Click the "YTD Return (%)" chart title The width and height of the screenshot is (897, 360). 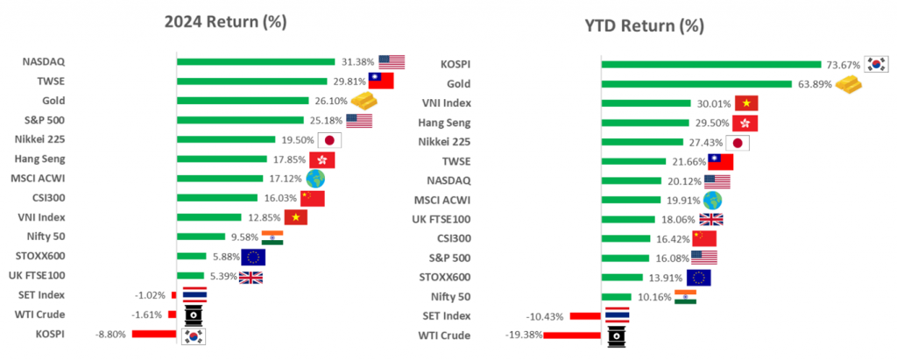(x=645, y=25)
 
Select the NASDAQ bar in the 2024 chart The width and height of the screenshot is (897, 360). (x=256, y=61)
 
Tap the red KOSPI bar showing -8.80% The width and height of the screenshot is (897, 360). (x=154, y=334)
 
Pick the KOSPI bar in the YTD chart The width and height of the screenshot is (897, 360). (x=710, y=64)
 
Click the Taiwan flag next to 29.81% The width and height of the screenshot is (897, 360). (x=380, y=81)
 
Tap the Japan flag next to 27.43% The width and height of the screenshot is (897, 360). (x=738, y=143)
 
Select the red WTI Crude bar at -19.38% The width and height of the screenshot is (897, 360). (x=572, y=335)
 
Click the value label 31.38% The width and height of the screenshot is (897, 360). (x=357, y=62)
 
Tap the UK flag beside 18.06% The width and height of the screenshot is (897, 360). (x=710, y=219)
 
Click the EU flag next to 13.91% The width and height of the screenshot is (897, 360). (x=698, y=278)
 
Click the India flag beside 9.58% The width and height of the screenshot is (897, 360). (x=272, y=236)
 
